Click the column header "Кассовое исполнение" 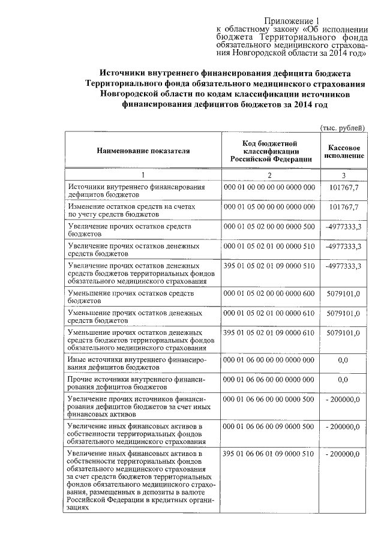(344, 151)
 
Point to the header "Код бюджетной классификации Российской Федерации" (269, 151)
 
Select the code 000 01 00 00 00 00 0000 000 (269, 188)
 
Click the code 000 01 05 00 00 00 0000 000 (269, 207)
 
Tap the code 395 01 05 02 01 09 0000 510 (269, 265)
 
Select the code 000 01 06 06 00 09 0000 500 (269, 426)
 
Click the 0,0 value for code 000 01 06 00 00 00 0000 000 (344, 360)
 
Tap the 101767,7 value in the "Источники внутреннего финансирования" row (344, 188)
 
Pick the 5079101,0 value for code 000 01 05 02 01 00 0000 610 (344, 313)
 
